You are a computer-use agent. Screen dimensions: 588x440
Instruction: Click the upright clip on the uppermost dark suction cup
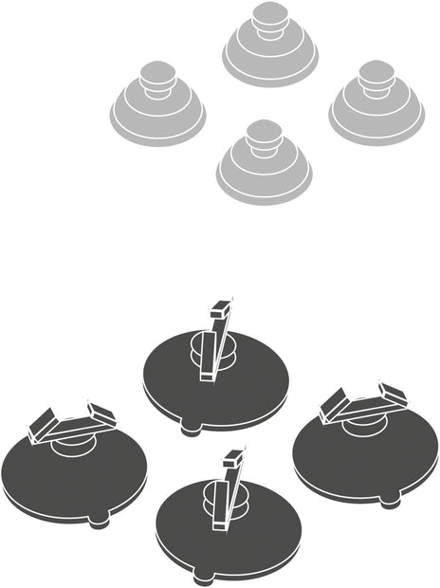point(218,341)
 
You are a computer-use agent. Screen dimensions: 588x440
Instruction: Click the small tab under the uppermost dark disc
point(191,429)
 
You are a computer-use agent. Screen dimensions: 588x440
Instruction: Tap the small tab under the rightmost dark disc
point(390,501)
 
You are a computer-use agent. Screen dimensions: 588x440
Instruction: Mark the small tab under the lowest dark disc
point(203,578)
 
